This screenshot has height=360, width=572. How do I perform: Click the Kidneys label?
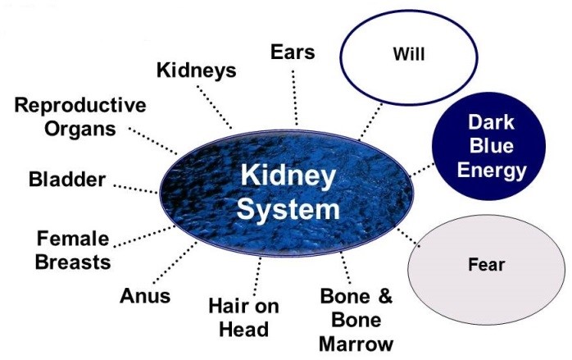[196, 71]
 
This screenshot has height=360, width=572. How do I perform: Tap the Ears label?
[293, 52]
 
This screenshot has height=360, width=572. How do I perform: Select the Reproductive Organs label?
[80, 117]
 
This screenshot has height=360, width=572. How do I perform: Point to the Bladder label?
[66, 180]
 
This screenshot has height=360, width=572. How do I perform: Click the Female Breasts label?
[73, 250]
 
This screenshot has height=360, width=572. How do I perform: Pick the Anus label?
[145, 295]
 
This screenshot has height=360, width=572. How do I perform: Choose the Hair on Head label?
[243, 317]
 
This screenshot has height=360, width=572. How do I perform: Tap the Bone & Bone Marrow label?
[356, 320]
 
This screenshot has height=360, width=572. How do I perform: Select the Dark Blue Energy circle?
[490, 147]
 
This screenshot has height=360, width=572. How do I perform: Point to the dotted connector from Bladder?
[136, 188]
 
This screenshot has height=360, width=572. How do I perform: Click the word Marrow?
[356, 343]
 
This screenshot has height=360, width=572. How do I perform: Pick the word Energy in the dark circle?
[490, 170]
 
